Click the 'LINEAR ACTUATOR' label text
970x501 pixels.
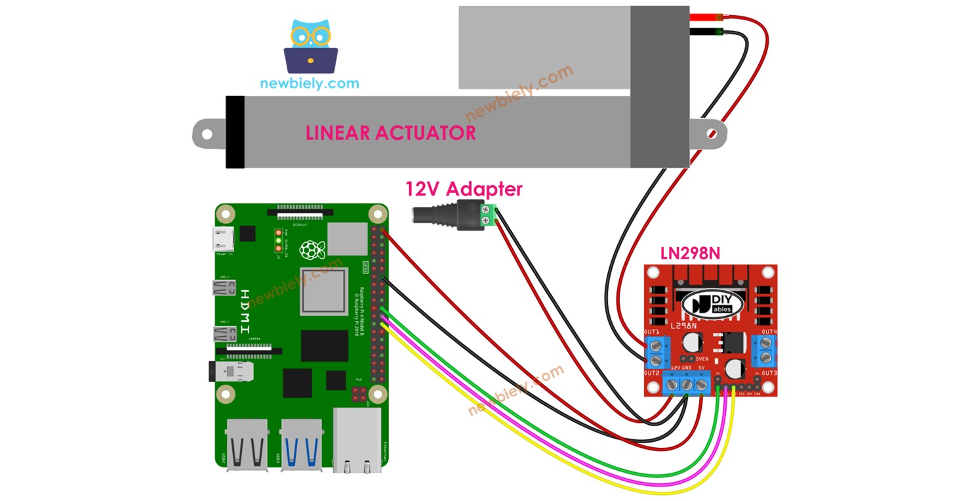[391, 133]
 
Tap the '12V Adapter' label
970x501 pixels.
[464, 189]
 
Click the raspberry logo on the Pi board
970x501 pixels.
[312, 250]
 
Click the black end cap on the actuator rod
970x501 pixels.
[235, 133]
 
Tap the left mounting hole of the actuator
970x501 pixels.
[207, 135]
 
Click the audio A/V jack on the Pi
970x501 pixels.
[229, 372]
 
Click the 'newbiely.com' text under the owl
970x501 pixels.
[310, 83]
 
